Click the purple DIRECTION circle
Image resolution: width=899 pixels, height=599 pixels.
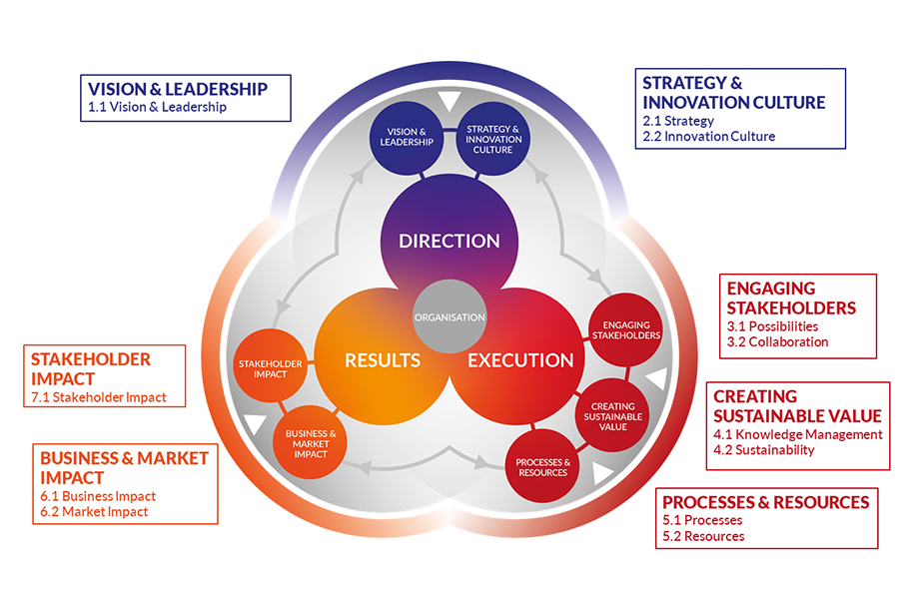click(x=449, y=241)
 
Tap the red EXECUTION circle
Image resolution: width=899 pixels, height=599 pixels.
click(x=520, y=360)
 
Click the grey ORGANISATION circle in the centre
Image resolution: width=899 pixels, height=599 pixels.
click(x=449, y=317)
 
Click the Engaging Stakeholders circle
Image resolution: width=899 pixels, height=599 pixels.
click(x=626, y=330)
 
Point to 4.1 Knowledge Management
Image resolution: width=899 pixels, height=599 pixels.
click(x=797, y=434)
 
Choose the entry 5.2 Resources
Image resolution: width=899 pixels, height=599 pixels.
click(x=703, y=536)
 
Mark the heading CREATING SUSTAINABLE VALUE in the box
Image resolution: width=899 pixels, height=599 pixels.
click(x=797, y=406)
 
